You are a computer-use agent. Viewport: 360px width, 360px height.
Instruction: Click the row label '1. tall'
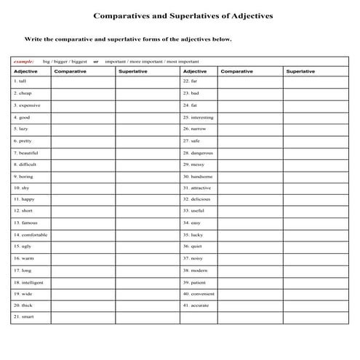click(x=20, y=81)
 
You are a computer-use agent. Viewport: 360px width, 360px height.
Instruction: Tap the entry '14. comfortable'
click(x=30, y=235)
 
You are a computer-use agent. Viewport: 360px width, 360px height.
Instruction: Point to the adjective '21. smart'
click(x=24, y=317)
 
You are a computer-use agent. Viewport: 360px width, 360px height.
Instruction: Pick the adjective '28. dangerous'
click(x=198, y=153)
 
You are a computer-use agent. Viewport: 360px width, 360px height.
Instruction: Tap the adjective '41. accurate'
click(x=196, y=305)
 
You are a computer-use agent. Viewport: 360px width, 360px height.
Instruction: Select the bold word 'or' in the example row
click(x=95, y=62)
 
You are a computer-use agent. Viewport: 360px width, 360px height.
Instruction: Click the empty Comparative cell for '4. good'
click(x=83, y=117)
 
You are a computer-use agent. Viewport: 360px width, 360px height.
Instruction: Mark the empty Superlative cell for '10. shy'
click(x=147, y=188)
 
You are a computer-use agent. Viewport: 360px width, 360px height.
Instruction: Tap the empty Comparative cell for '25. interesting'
click(x=250, y=117)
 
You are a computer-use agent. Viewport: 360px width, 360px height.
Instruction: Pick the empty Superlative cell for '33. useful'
click(x=316, y=211)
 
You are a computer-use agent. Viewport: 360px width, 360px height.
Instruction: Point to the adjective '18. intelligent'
click(x=28, y=281)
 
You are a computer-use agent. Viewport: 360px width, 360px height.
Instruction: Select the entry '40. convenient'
click(x=198, y=294)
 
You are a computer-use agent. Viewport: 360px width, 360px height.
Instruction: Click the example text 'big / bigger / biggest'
click(x=65, y=62)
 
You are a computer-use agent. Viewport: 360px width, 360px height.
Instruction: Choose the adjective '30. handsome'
click(x=198, y=176)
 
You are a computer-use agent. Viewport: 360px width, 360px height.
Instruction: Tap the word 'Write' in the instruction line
click(x=33, y=39)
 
